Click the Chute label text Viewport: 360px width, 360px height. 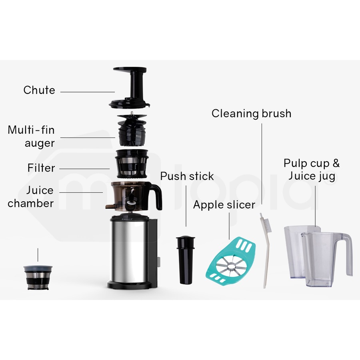pos(39,90)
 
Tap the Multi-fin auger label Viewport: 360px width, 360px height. pos(31,136)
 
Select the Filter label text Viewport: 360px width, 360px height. pos(41,168)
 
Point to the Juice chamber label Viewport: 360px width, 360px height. pos(31,197)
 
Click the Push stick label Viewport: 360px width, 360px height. pos(187,176)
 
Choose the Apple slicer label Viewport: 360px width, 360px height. pos(224,205)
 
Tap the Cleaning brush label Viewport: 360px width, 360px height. pos(251,114)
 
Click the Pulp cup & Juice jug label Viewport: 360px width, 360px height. pos(312,169)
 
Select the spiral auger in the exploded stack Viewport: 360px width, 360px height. pos(132,130)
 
